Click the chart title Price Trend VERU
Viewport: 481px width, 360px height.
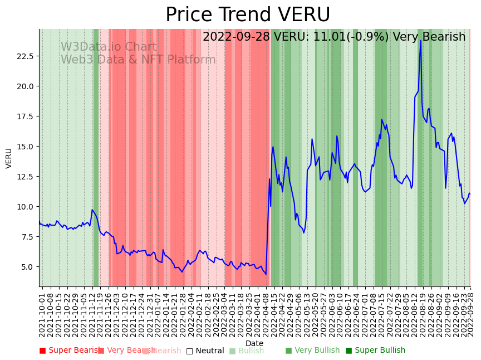tap(248, 15)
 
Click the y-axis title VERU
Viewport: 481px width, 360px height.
tap(9, 158)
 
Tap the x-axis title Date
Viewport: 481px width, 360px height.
tap(254, 343)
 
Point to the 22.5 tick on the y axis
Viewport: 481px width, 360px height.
tap(26, 56)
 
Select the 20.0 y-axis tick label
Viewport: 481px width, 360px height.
tap(26, 86)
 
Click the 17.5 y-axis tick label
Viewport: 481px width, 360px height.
tap(26, 116)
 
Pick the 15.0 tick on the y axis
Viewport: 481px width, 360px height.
tap(26, 147)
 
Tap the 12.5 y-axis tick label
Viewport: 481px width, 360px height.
tap(26, 177)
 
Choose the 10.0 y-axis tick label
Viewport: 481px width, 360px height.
tap(26, 207)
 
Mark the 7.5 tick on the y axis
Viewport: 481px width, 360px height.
tap(28, 237)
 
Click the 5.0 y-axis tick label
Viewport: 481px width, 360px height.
tap(28, 267)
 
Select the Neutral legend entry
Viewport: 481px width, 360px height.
tap(205, 351)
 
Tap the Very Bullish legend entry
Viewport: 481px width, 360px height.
tap(312, 351)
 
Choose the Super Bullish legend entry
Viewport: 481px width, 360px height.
tap(375, 351)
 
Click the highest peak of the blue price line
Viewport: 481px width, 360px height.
tap(421, 40)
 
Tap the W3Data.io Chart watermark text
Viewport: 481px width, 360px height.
tap(109, 47)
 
